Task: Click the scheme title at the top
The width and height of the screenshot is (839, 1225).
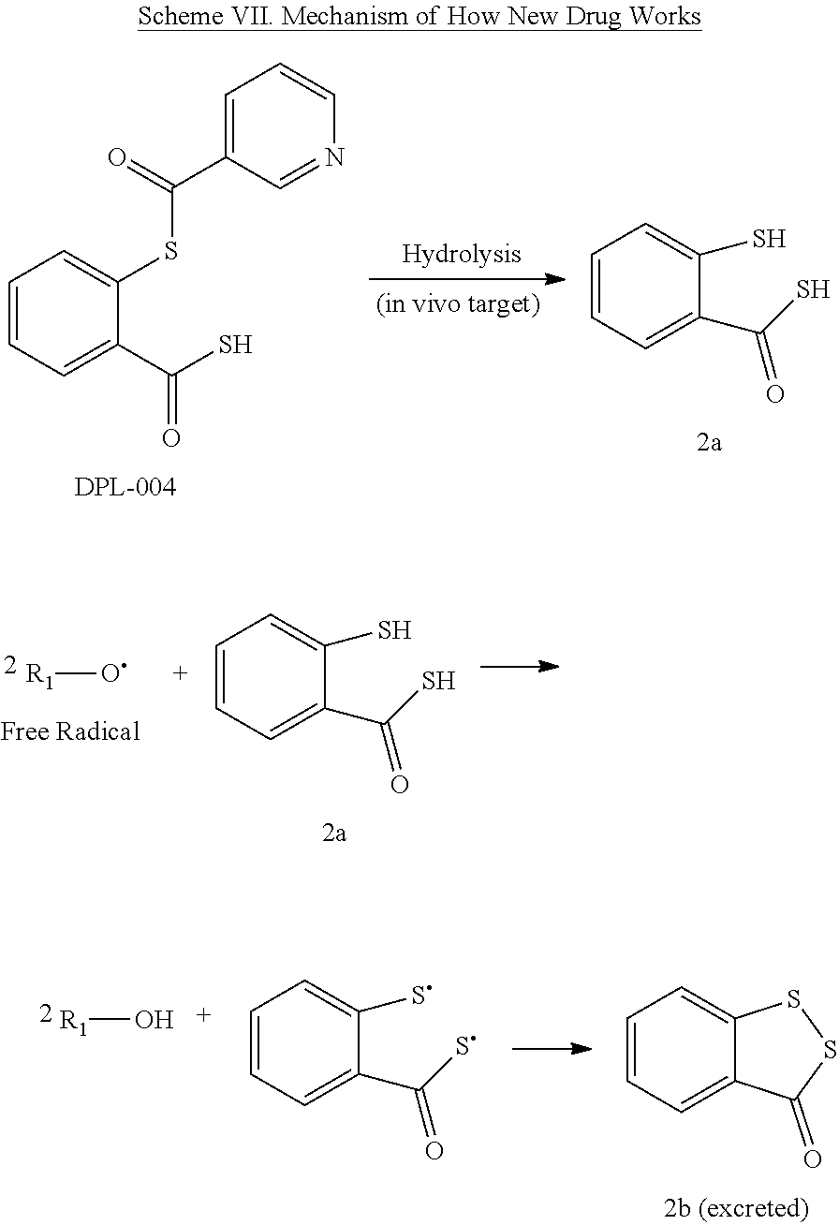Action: [419, 17]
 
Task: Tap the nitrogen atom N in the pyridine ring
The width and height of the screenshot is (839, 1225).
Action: [334, 156]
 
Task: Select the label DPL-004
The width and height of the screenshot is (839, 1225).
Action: [125, 488]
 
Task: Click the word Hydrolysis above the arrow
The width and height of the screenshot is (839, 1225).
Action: [462, 254]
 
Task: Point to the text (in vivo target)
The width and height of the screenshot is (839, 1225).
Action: [458, 306]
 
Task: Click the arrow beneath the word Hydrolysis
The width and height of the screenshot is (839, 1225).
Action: [466, 279]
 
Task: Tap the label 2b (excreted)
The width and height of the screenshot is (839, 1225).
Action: [736, 1208]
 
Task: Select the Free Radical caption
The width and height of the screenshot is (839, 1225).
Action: [70, 731]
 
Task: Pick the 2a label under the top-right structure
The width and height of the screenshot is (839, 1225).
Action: [709, 443]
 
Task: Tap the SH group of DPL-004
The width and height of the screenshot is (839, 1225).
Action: [234, 345]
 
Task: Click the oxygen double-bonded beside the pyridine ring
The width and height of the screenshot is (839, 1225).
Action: [117, 156]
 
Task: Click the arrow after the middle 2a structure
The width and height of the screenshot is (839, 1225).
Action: [519, 667]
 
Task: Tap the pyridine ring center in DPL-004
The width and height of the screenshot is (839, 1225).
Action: [280, 126]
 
